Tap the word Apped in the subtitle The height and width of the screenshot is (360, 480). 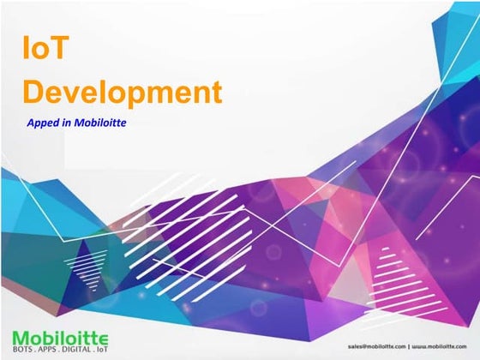[45, 123]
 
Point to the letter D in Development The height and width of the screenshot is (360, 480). [34, 91]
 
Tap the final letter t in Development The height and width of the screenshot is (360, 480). [215, 91]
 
